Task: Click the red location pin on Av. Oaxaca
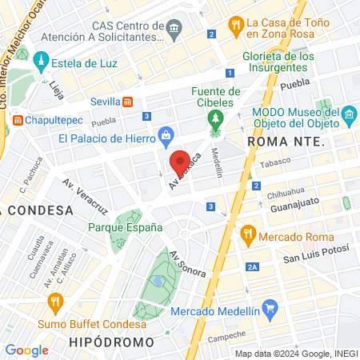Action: pos(182,162)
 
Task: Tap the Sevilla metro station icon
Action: pos(128,102)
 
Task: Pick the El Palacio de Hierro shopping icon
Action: pos(166,134)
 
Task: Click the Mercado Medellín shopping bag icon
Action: pos(270,307)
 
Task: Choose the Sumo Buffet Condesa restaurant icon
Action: pos(55,302)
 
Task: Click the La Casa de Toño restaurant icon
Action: pos(235,25)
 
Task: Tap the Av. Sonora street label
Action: pos(188,264)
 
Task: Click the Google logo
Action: pos(27,350)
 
